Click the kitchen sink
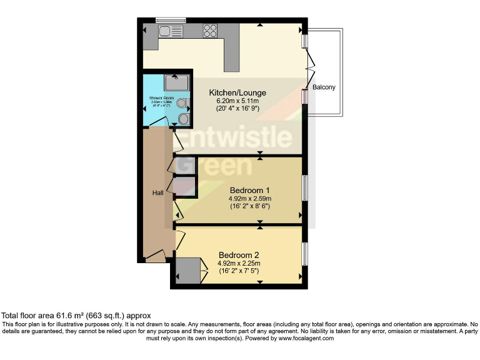point(171,31)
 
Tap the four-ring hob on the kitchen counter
point(210,31)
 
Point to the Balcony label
point(324,87)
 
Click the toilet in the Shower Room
point(182,103)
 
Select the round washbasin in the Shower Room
point(183,118)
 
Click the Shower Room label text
point(159,99)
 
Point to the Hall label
point(158,192)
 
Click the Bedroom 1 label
point(249,189)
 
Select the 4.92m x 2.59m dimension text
point(249,198)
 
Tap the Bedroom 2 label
point(238,255)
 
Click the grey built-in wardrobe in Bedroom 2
point(187,271)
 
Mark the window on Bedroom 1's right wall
point(304,187)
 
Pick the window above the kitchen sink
point(170,19)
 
